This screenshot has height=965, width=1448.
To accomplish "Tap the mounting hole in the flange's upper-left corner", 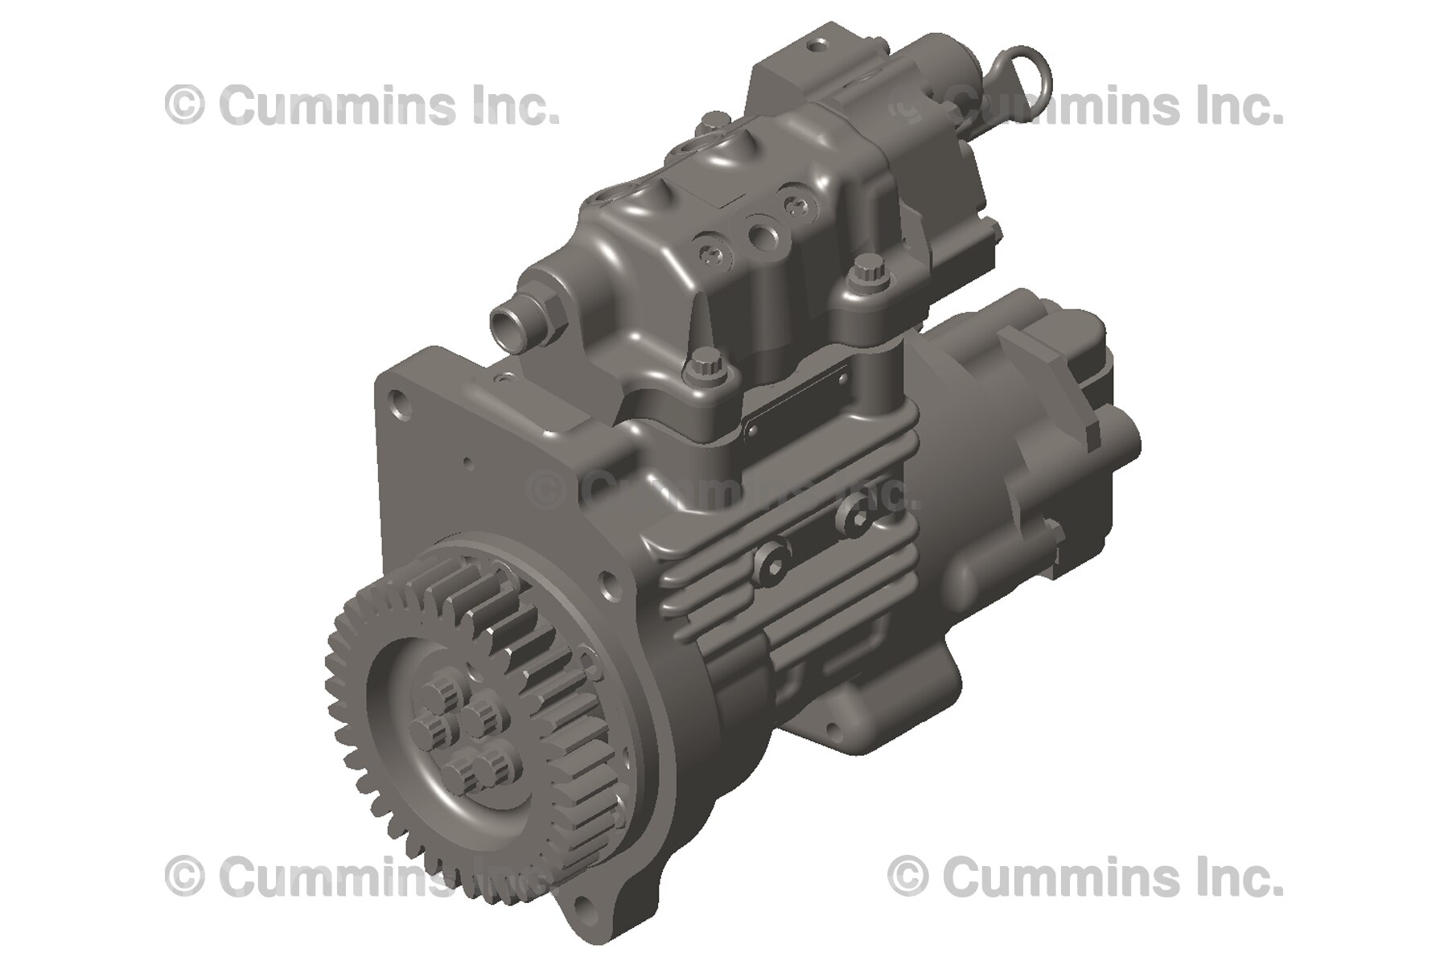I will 399,402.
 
